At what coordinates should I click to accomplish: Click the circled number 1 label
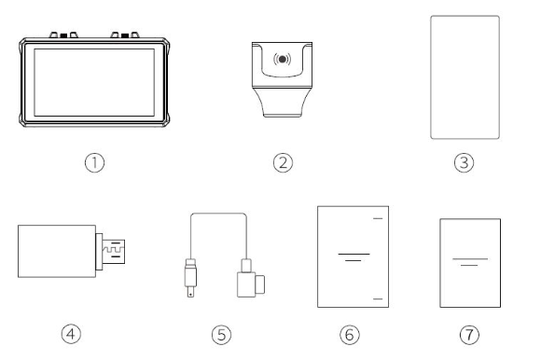94,163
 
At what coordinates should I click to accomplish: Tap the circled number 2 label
283,163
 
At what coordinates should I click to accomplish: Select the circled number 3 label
465,163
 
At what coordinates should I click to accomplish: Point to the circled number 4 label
71,334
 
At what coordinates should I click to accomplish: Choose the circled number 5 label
221,335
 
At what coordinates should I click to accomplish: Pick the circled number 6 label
350,335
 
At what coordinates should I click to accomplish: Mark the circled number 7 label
469,335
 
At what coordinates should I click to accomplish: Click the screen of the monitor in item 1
94,82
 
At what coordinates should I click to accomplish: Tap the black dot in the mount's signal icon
283,60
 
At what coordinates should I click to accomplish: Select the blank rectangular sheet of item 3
465,77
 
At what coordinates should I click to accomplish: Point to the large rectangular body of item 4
57,251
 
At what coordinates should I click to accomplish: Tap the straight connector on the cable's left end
190,278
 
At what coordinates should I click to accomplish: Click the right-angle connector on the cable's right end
251,279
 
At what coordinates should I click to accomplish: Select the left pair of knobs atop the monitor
63,35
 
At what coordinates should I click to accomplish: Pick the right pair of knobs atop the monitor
125,35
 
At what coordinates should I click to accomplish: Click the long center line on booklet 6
354,254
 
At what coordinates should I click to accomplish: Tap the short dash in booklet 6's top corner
378,218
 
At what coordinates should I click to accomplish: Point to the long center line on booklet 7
470,258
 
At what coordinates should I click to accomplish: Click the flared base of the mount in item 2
282,103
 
